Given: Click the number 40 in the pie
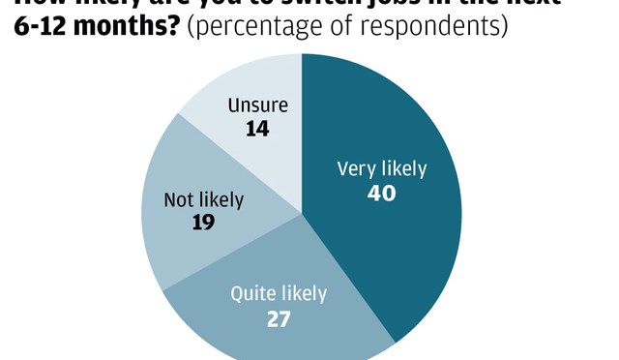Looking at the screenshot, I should point(382,193).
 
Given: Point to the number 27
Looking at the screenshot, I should point(279,317).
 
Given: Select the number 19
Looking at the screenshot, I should point(203,224).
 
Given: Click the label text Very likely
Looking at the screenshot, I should point(381,168).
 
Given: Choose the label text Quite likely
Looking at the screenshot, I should point(279,293).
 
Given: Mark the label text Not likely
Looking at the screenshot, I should point(203,200).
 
